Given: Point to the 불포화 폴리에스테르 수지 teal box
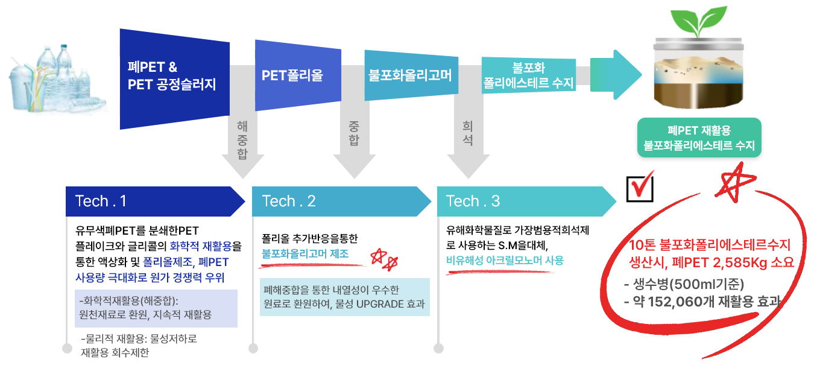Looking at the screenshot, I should (x=528, y=75).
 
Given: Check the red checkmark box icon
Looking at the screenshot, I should (x=642, y=186).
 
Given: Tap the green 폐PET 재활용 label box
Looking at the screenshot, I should (x=699, y=138).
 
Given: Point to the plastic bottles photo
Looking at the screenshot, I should (x=54, y=75).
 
